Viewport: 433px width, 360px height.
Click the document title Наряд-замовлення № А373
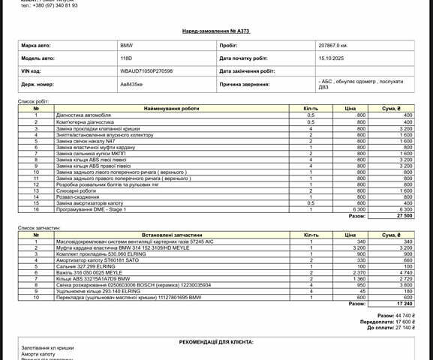pos(216,32)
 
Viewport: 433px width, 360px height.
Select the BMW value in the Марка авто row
pos(127,46)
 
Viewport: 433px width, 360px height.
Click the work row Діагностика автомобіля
pos(84,115)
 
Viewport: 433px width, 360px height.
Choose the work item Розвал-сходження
pos(78,196)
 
